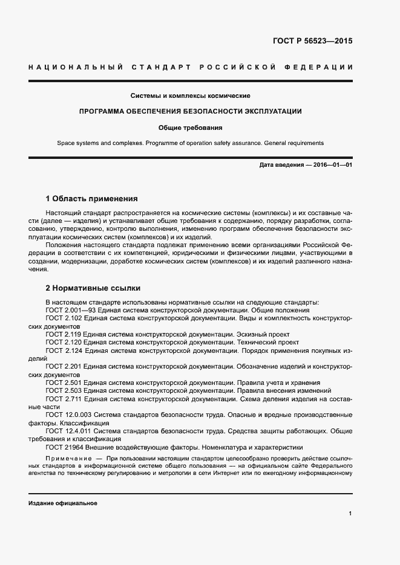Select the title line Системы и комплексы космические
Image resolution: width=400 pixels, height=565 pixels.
(x=191, y=95)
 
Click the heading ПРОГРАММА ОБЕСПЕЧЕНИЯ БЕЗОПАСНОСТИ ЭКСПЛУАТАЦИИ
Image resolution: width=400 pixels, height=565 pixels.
(x=191, y=111)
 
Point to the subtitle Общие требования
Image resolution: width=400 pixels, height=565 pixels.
(x=191, y=128)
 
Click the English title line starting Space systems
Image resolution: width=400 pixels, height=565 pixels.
(x=191, y=143)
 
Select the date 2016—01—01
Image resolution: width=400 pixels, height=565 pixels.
(x=332, y=165)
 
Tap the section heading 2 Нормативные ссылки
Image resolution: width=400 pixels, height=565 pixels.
(x=93, y=288)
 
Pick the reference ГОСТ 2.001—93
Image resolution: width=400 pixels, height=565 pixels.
(x=71, y=309)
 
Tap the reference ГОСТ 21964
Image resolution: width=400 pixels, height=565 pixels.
(x=64, y=447)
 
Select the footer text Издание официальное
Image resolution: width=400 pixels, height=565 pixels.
(x=62, y=503)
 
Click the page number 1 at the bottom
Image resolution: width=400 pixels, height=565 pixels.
(x=350, y=513)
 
